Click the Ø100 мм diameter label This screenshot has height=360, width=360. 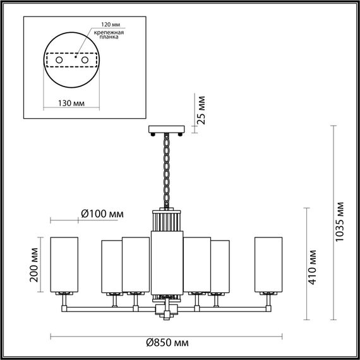[x=102, y=215]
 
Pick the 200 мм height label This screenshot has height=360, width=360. [x=35, y=266]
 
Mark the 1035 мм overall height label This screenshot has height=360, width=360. [x=340, y=223]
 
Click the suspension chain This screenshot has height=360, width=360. [x=167, y=171]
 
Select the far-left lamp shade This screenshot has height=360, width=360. [x=64, y=265]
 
